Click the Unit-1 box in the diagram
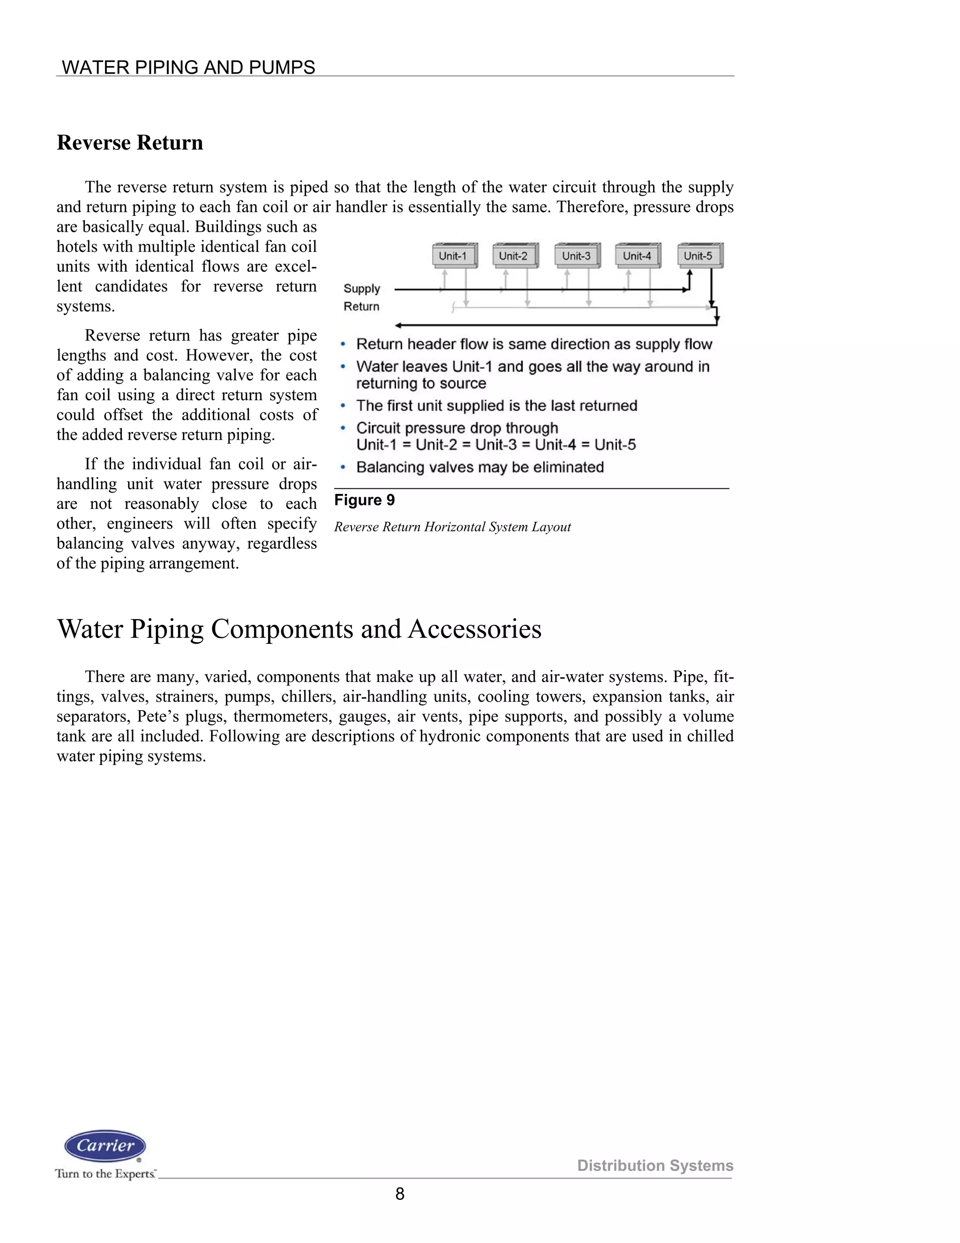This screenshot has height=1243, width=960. point(453,256)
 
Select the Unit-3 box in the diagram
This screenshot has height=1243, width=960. point(577,256)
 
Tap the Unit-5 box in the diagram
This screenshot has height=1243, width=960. point(699,256)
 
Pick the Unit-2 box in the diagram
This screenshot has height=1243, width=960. point(514,256)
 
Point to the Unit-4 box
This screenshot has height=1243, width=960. point(637,256)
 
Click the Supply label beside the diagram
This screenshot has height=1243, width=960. point(362,288)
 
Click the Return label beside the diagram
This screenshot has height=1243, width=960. point(361,306)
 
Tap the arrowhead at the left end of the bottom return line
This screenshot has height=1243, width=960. point(399,326)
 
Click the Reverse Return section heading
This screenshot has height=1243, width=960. point(130,142)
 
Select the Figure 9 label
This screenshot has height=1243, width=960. point(365,500)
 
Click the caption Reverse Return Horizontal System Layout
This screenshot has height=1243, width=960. point(452,527)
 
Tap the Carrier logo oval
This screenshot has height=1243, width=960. point(105,1146)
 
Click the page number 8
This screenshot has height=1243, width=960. point(400,1193)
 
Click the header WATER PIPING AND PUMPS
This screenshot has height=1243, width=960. point(188,67)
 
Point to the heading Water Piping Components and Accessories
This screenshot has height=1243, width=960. point(299,629)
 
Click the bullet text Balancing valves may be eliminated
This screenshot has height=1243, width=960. point(480,467)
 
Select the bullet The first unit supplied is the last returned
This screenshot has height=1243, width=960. point(496,406)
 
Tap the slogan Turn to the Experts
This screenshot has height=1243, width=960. point(105,1174)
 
